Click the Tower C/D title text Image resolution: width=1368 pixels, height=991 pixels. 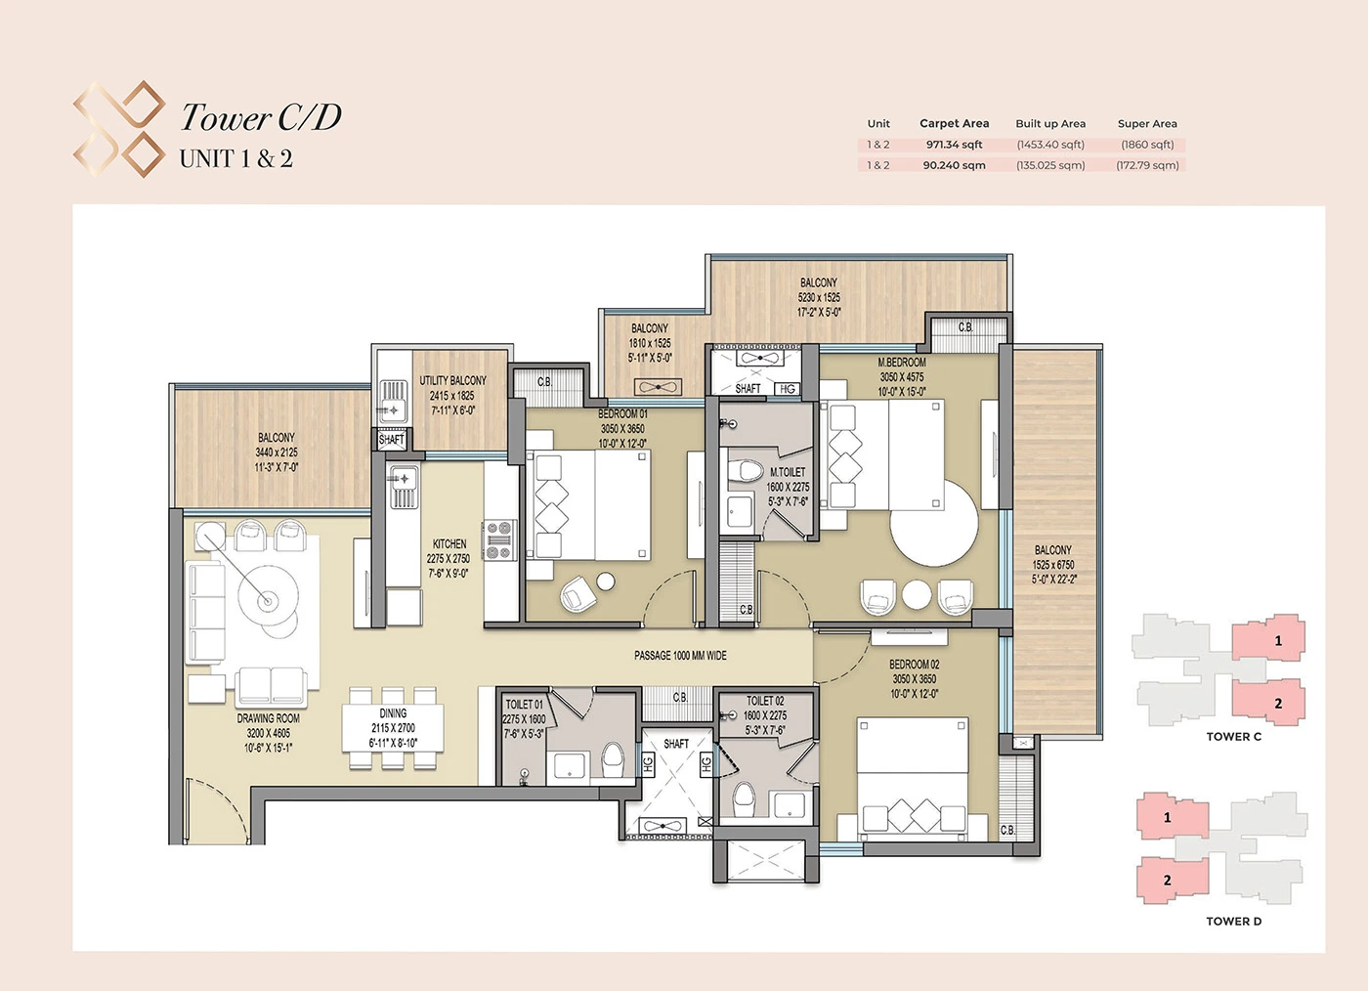click(x=261, y=117)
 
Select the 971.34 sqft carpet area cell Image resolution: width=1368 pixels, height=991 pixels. click(x=954, y=145)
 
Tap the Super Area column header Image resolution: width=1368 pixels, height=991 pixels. click(x=1147, y=124)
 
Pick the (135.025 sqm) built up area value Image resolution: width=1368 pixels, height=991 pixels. click(x=1050, y=165)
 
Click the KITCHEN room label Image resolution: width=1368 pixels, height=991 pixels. click(x=449, y=544)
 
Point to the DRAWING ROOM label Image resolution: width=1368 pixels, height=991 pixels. click(x=268, y=718)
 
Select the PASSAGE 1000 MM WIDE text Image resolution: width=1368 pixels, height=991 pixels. click(x=680, y=656)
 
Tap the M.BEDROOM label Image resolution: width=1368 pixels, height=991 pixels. click(x=901, y=363)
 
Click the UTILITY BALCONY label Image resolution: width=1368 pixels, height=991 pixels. click(x=452, y=381)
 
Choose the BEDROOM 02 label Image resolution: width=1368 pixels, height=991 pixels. click(x=914, y=665)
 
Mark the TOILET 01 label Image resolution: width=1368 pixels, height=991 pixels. click(x=525, y=705)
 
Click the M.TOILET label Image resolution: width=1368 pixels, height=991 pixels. click(x=788, y=472)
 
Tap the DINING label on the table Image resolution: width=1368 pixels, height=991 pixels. click(x=393, y=714)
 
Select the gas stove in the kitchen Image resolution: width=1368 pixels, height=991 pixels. click(x=499, y=540)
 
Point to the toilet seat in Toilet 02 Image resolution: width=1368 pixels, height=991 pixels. click(x=745, y=798)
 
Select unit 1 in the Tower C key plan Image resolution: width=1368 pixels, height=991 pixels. click(x=1270, y=640)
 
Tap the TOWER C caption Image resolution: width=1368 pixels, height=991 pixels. click(x=1233, y=737)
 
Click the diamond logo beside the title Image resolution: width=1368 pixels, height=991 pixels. click(x=119, y=129)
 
